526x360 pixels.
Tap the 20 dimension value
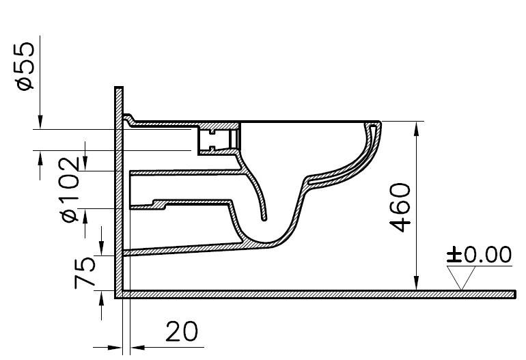181,331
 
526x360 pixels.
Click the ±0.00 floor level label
479,255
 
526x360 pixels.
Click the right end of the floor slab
513,294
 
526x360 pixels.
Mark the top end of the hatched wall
118,88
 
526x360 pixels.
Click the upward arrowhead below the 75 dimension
102,296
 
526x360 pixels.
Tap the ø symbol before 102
70,216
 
